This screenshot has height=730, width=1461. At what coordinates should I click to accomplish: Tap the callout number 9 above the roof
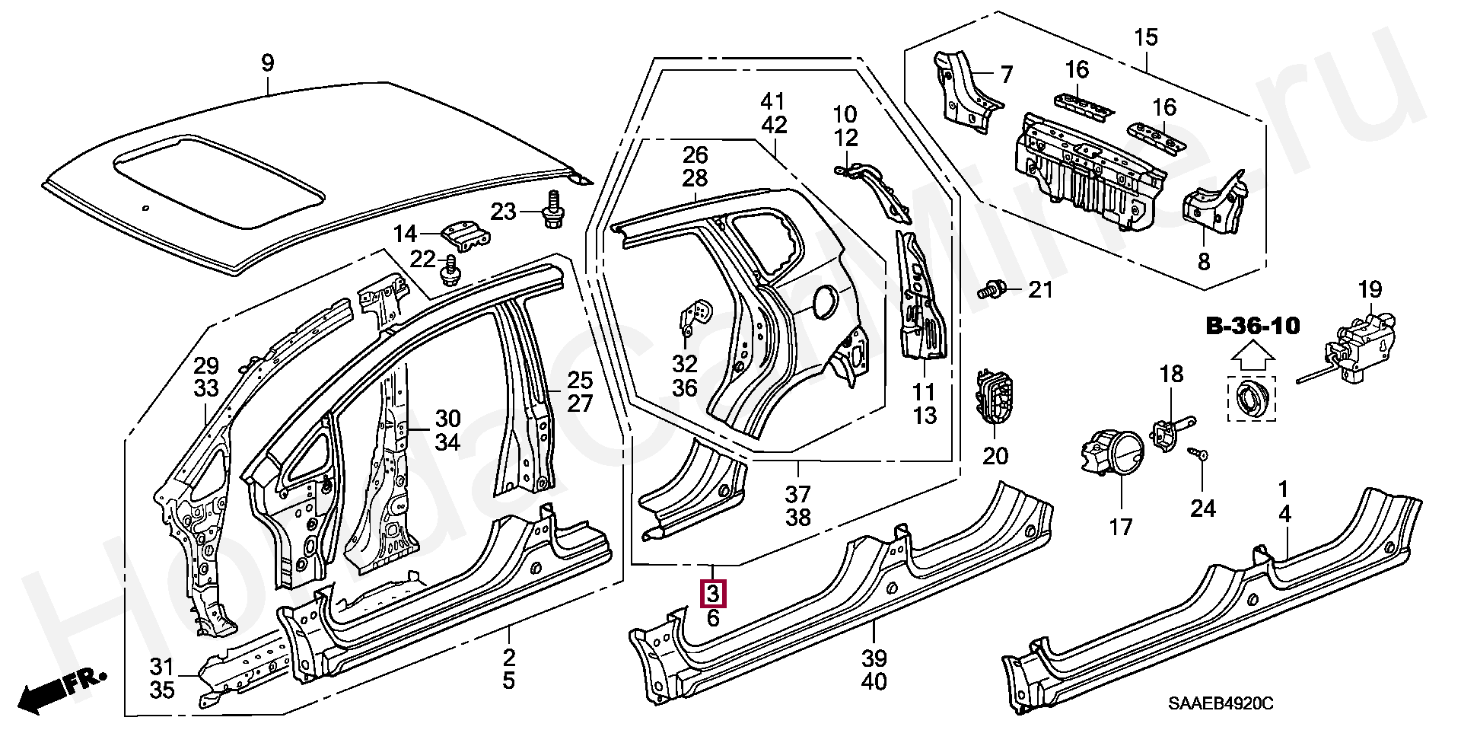267,62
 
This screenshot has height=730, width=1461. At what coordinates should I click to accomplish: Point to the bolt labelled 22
451,269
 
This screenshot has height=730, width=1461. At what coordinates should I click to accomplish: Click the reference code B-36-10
1253,327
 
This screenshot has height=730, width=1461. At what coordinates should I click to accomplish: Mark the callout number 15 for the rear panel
1145,37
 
